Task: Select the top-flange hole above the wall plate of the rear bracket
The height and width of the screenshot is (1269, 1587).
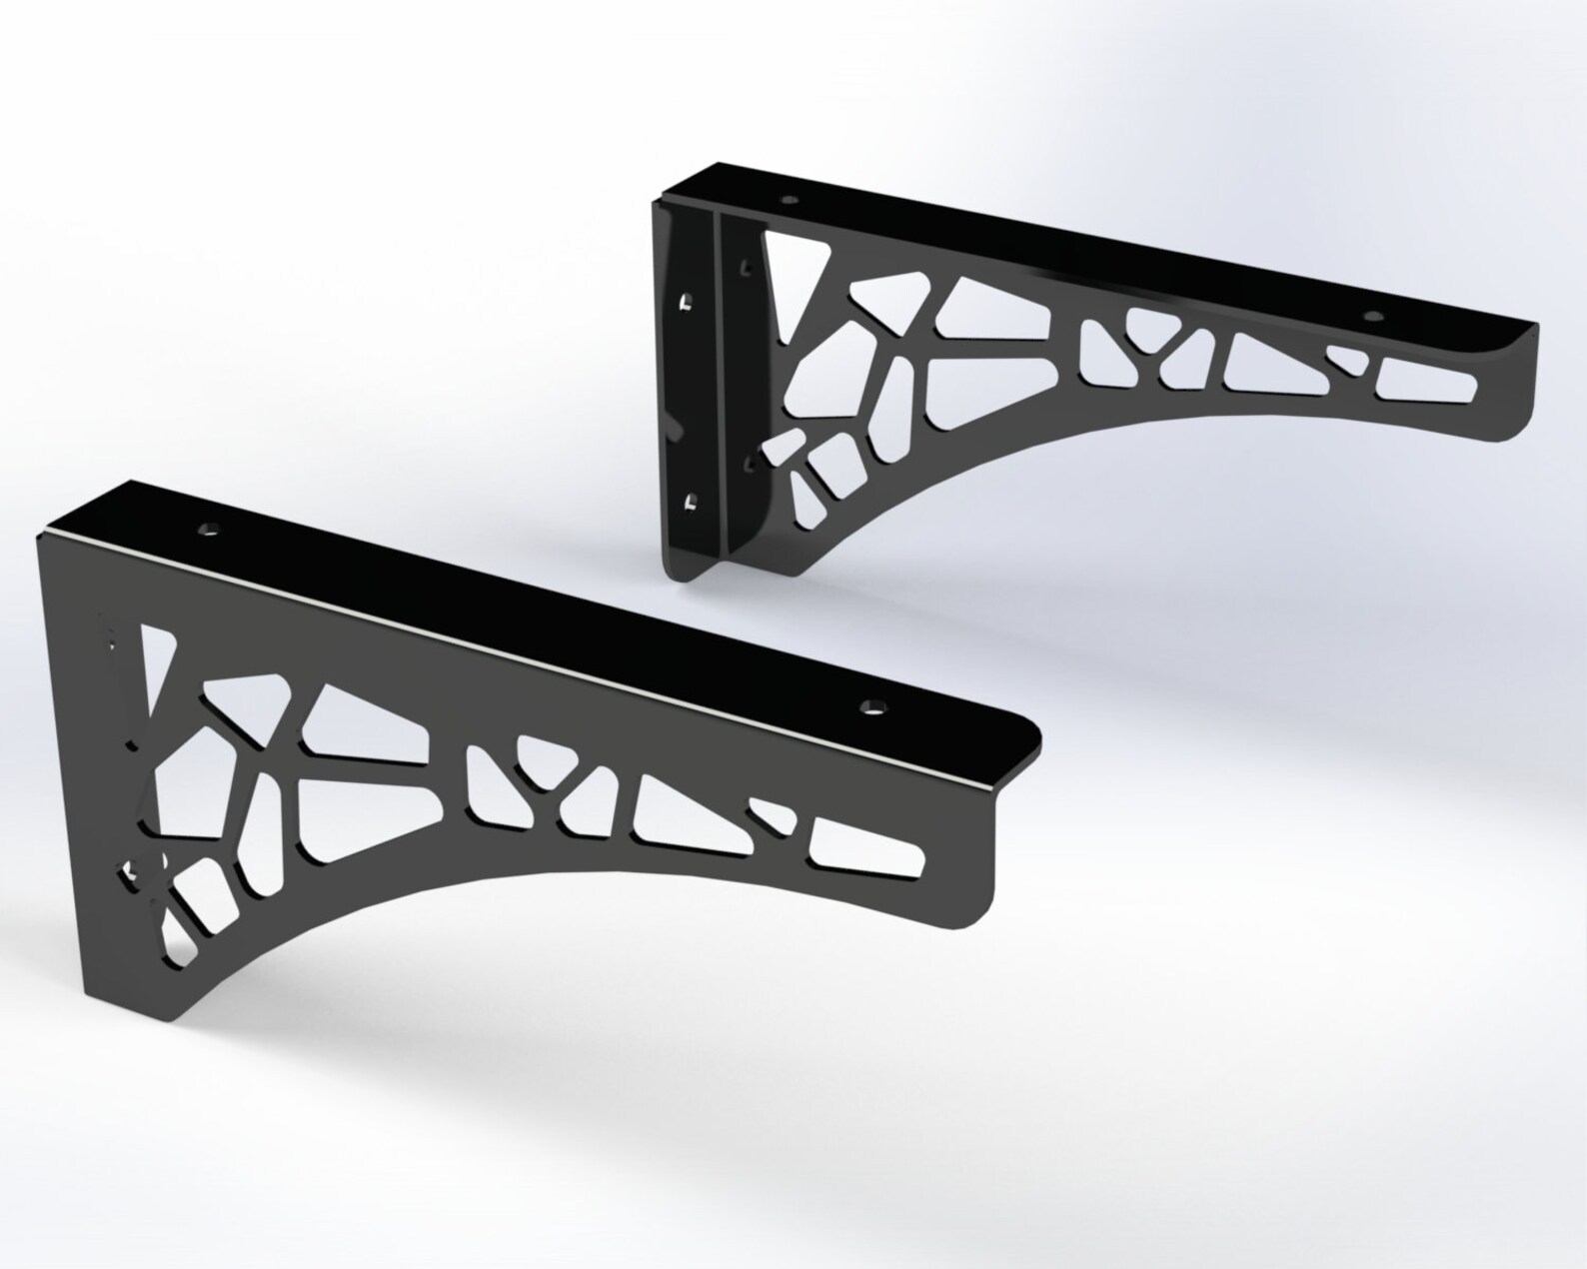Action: coord(790,200)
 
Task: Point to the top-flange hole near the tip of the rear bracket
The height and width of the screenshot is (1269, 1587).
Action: coord(1374,317)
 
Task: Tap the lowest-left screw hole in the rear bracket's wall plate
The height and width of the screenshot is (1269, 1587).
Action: coord(689,502)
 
